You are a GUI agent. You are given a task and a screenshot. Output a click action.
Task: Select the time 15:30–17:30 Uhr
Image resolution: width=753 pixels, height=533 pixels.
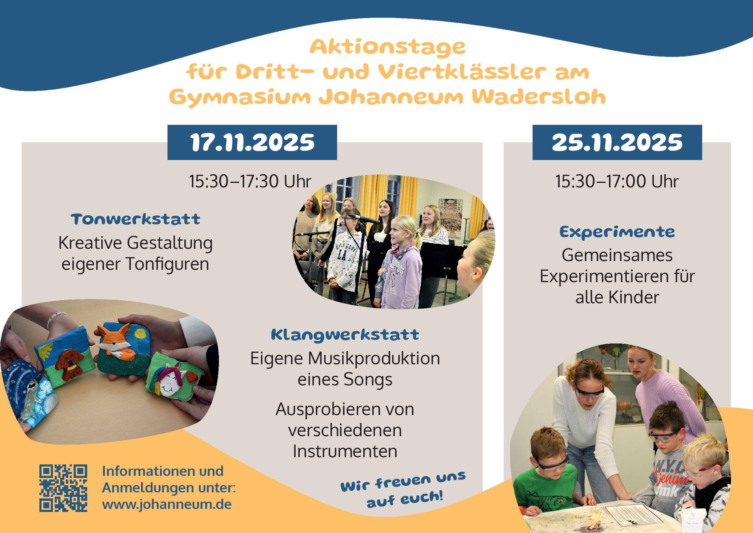(x=250, y=181)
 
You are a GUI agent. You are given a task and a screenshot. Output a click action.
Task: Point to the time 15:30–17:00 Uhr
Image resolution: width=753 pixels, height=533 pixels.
(x=617, y=181)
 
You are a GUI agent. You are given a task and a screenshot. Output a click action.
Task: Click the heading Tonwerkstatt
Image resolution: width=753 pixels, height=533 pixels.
(x=136, y=219)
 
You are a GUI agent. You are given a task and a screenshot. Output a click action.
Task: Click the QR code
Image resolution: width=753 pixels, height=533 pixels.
(x=63, y=488)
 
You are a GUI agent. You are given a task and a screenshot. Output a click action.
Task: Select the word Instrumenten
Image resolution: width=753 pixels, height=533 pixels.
(x=345, y=451)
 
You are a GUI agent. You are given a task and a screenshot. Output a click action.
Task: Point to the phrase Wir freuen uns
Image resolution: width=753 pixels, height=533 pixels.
(x=403, y=481)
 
